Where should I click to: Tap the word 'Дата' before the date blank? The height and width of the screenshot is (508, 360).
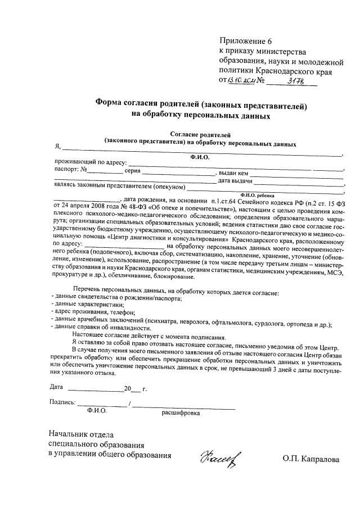56,387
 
